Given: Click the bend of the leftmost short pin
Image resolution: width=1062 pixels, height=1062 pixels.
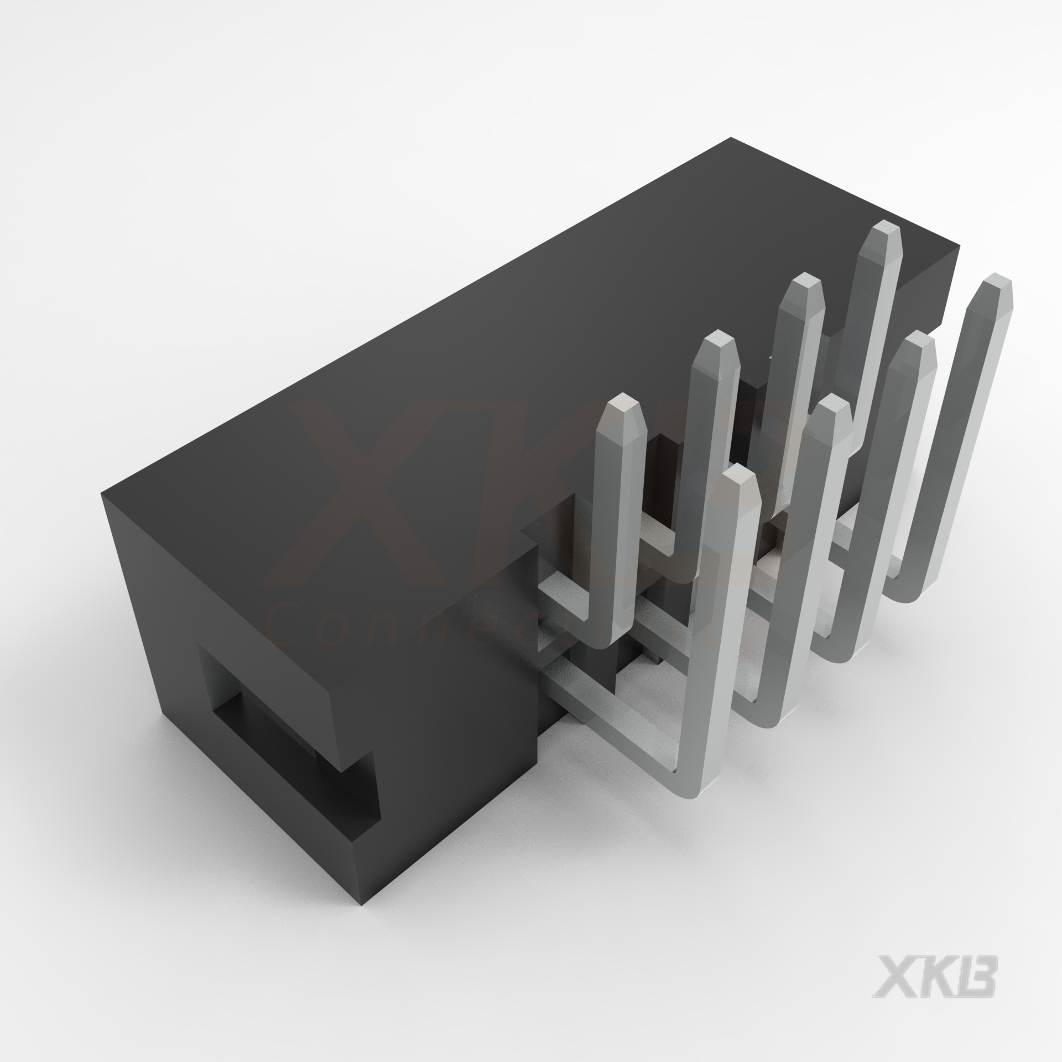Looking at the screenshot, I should (608, 636).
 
